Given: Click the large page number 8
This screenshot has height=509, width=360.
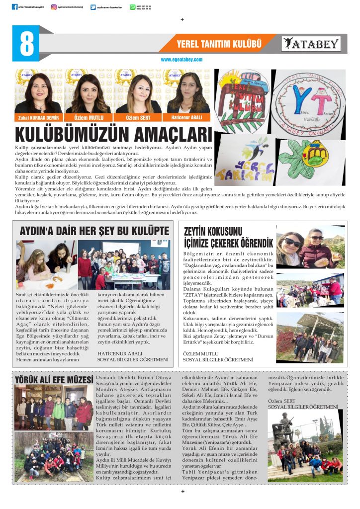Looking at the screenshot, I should [x=26, y=44].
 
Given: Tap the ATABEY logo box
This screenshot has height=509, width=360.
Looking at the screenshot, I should [x=311, y=44].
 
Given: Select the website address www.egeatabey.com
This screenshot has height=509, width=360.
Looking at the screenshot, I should [x=181, y=60].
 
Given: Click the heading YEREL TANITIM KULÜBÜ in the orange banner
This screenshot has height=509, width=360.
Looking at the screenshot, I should [x=219, y=44].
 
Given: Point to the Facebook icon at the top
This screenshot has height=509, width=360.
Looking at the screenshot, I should [x=14, y=7].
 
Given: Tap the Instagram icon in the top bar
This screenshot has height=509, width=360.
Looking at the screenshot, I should [x=54, y=7].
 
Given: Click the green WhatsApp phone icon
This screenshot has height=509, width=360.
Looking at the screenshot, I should [x=132, y=7].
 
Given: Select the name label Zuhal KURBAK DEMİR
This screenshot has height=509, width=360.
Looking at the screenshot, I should [x=38, y=118].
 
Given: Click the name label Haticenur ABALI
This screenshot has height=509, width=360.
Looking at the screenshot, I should [x=188, y=118].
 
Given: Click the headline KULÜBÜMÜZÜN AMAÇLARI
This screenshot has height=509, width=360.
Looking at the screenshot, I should [x=114, y=135].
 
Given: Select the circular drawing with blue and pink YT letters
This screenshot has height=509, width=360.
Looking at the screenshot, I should [x=308, y=101].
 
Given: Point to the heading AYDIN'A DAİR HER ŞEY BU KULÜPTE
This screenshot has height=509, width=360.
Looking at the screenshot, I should [x=94, y=231].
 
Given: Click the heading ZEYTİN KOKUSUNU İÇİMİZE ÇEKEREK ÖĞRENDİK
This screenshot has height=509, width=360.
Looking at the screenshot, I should [x=228, y=237].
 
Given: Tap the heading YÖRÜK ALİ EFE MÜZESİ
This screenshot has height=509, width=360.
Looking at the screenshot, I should [x=54, y=380].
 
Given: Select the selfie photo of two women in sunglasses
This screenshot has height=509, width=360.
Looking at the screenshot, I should [x=310, y=248].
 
